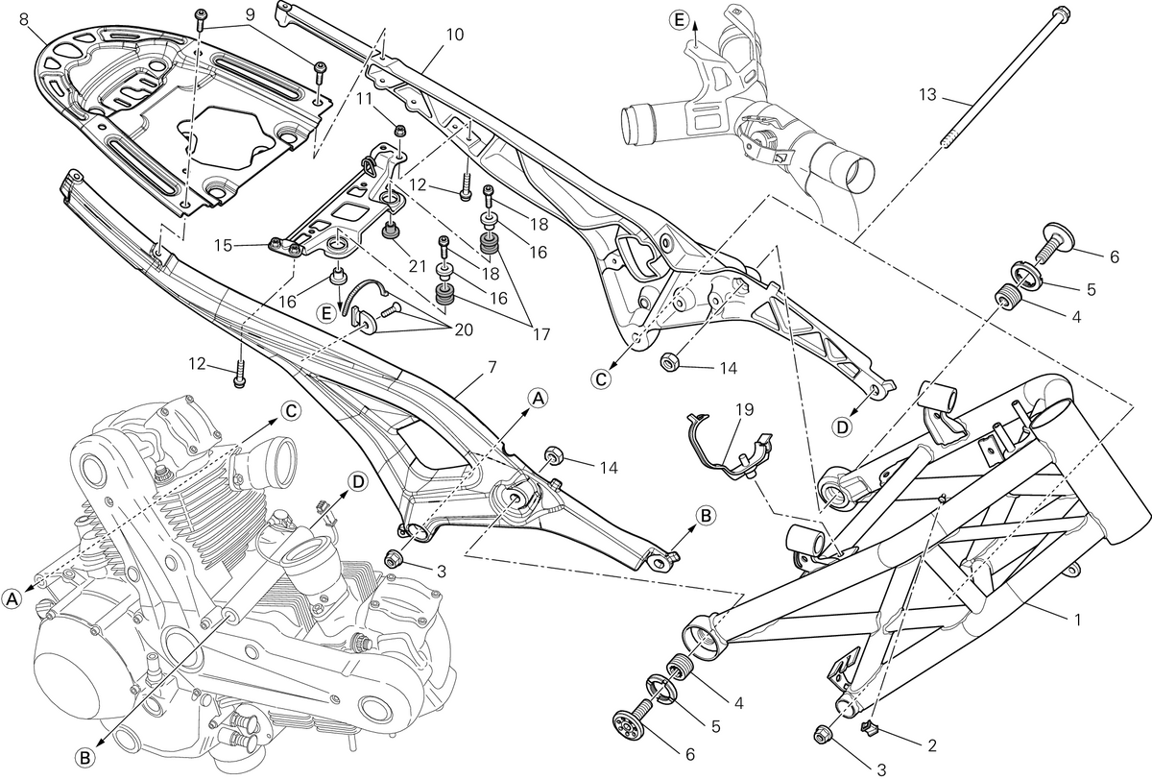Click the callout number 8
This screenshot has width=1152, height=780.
tap(24, 19)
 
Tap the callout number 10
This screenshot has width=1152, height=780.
tap(455, 35)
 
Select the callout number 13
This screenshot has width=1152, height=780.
tap(927, 95)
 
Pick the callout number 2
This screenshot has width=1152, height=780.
tap(931, 745)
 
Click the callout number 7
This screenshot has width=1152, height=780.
tap(492, 367)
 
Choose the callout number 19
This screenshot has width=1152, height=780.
tap(744, 409)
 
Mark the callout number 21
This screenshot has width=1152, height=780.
tap(417, 266)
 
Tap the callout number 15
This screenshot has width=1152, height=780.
tap(224, 245)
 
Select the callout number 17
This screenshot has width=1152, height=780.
tap(541, 334)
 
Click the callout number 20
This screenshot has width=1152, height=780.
tap(464, 329)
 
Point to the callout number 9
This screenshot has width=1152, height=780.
tap(250, 14)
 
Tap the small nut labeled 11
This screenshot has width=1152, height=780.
tap(399, 131)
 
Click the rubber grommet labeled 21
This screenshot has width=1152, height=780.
tap(392, 231)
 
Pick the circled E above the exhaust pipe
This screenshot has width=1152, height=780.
tap(680, 20)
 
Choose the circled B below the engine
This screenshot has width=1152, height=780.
tap(84, 758)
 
